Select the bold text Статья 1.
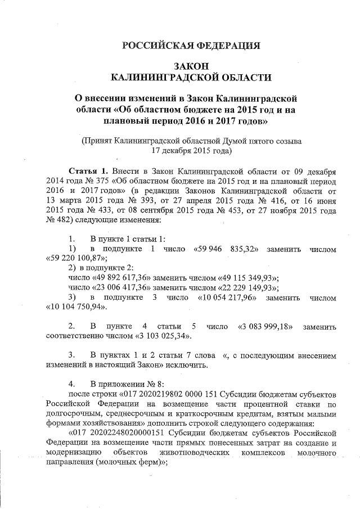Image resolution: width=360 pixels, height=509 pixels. click(x=87, y=170)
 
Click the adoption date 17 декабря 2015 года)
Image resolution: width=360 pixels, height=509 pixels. click(x=191, y=150)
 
